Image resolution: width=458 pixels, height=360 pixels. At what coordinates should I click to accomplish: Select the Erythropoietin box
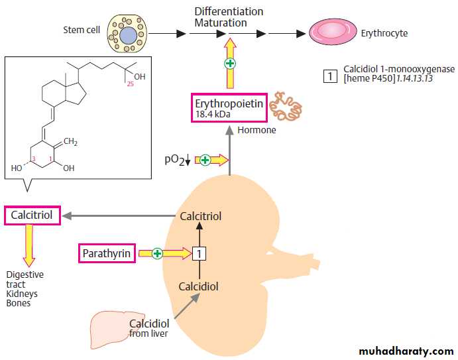[229, 109]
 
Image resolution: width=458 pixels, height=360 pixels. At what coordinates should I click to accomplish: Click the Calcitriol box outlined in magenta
[32, 215]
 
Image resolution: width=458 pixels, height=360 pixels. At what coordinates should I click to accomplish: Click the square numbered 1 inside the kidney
[198, 253]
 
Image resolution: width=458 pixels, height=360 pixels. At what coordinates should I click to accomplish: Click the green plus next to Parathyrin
[157, 253]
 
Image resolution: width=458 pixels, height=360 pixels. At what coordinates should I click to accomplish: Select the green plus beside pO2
[205, 160]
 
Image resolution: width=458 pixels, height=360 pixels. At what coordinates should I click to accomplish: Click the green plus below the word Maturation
[229, 64]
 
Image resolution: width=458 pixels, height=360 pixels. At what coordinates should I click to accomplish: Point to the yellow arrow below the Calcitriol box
[29, 246]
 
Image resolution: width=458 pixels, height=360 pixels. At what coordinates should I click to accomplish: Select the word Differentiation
[229, 12]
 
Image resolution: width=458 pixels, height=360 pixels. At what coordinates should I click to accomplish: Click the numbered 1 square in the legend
[330, 75]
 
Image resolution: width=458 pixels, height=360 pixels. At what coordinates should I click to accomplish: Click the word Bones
[18, 304]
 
